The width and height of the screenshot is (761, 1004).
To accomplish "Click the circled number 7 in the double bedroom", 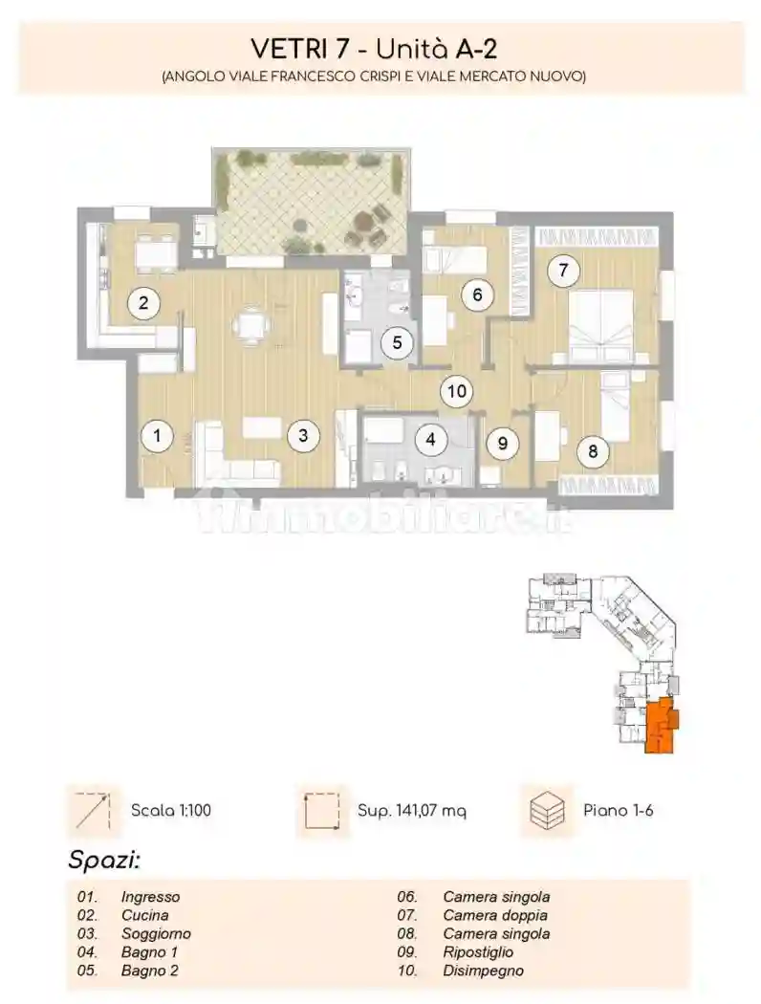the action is click(563, 271).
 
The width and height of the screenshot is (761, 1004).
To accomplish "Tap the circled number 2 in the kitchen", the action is click(143, 302).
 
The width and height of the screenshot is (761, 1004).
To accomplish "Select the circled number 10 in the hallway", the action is click(456, 390).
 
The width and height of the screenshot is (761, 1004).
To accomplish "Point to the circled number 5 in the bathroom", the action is click(397, 342).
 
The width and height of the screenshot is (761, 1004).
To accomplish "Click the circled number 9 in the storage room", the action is click(503, 443).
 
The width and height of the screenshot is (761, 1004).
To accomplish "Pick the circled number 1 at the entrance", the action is click(157, 436).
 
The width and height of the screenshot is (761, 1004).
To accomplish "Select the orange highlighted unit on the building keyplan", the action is click(661, 727).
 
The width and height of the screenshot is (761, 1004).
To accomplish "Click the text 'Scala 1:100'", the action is click(171, 810).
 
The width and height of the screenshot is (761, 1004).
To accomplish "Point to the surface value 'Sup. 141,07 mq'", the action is click(411, 811).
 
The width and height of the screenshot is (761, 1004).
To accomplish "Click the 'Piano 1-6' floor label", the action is click(619, 810).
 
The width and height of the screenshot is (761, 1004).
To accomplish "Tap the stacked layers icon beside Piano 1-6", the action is click(549, 810).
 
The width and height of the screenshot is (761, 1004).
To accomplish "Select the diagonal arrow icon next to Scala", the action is click(93, 811).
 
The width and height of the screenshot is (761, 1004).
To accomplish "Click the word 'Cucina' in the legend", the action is click(145, 915).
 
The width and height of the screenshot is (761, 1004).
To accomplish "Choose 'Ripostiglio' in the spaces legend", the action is click(478, 952).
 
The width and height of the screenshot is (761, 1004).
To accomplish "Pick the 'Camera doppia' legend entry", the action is click(495, 915).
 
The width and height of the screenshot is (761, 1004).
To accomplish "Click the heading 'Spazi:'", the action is click(104, 860).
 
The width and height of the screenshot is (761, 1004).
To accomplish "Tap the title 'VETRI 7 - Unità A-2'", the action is click(374, 49).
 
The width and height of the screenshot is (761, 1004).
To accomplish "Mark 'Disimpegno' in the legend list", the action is click(483, 971).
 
